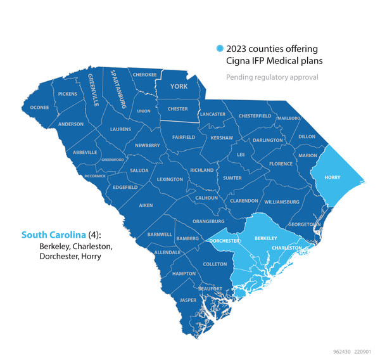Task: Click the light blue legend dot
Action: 220,49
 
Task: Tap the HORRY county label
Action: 332,177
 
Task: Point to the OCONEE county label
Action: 39,107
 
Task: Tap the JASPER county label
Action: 188,299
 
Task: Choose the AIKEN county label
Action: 146,205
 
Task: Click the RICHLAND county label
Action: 202,170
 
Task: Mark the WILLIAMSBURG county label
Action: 282,202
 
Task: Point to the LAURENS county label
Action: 120,129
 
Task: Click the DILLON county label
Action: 307,136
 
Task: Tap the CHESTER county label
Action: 177,108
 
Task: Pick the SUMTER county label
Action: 232,178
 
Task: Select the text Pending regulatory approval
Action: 272,77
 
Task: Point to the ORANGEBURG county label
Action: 209,221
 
